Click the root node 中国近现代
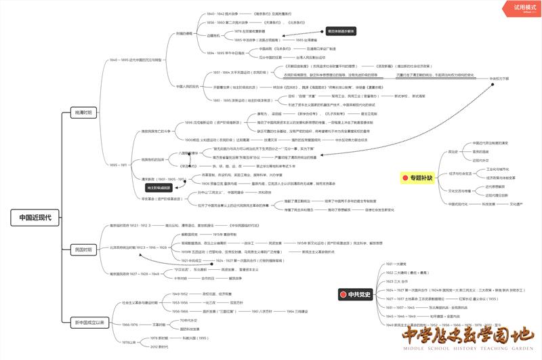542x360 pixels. coord(35,218)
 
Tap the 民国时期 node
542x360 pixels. coord(85,249)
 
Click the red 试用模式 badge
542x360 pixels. coord(520,6)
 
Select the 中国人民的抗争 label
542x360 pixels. coord(188,86)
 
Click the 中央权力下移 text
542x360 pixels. coord(499,78)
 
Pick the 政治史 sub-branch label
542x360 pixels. coord(453,152)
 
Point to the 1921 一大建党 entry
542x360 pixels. coord(397,264)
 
